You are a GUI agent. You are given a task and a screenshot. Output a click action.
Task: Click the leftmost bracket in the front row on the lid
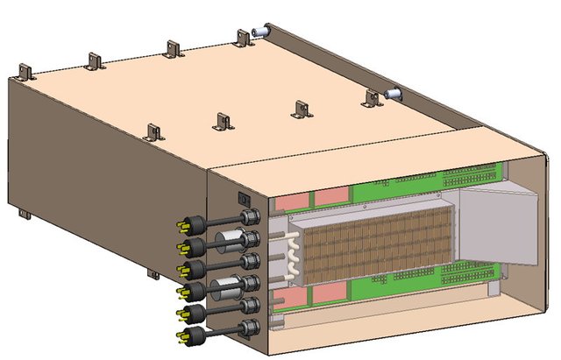point(154,132)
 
